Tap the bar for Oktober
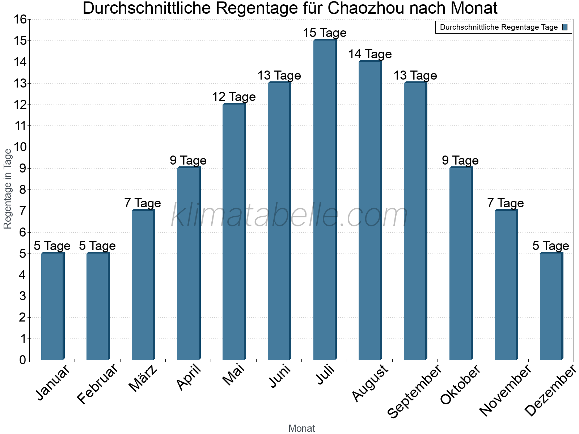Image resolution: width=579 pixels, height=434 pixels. coord(461,264)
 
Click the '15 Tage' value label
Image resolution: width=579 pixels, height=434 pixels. coord(325,33)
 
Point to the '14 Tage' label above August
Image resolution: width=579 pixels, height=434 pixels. coord(370,54)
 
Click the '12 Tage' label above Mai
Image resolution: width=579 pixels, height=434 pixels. coord(234,97)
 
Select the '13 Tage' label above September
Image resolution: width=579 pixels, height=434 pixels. coord(415,76)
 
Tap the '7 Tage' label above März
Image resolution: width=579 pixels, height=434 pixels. coord(143,203)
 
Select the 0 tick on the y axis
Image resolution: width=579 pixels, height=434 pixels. coord(23,360)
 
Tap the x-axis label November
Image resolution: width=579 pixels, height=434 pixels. coord(506,390)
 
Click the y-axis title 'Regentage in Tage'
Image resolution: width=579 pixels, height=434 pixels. coord(8,189)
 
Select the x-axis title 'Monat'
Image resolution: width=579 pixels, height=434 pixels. coord(301,428)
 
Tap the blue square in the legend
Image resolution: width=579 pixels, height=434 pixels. coord(565,27)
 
